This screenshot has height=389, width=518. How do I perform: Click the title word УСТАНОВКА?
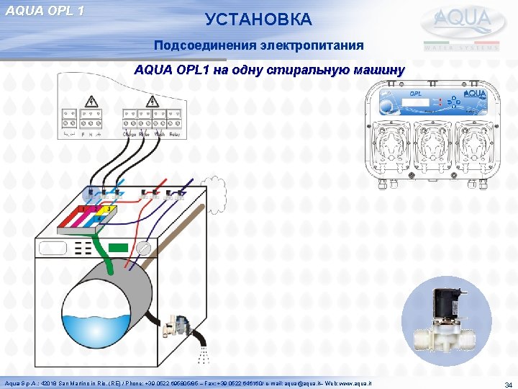[258, 19]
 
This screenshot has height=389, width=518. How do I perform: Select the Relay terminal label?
[176, 135]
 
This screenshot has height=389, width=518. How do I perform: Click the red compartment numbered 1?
[84, 209]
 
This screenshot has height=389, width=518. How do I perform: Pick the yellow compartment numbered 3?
[109, 210]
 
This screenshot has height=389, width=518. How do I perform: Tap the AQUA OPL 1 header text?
[45, 10]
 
